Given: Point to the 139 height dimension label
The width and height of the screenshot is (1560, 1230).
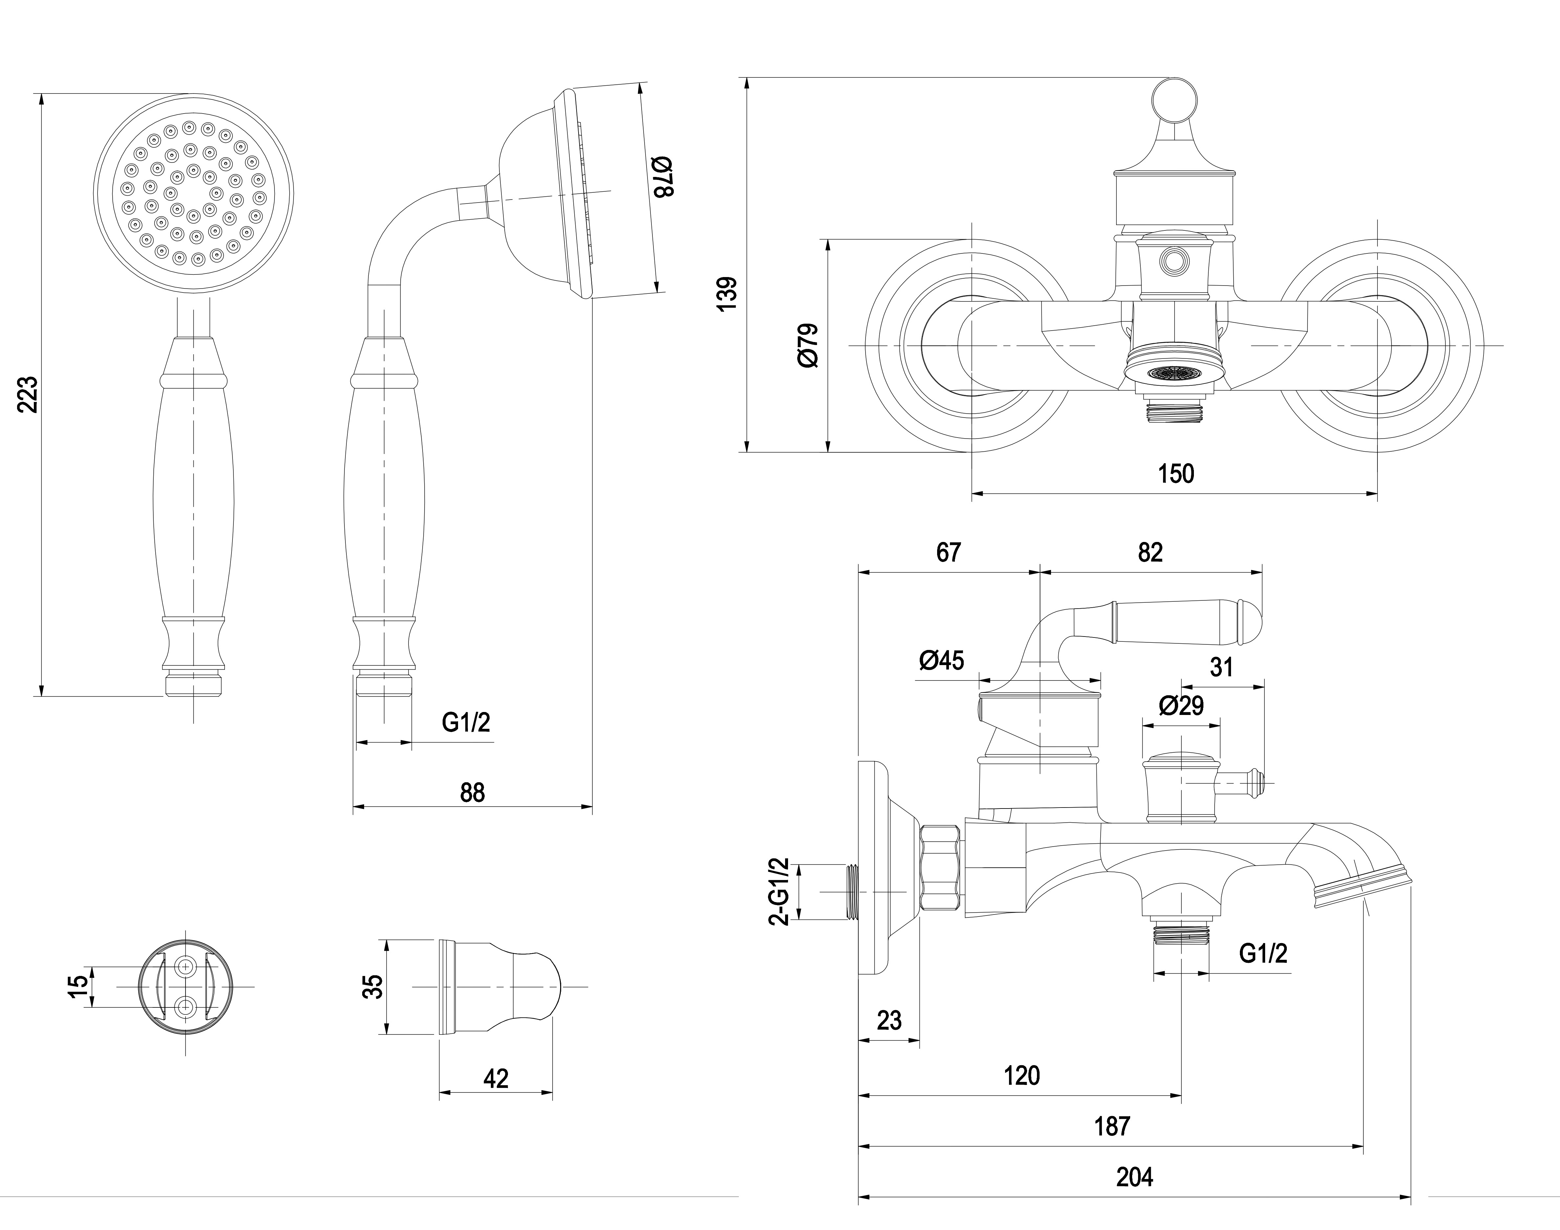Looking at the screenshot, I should click(x=728, y=293).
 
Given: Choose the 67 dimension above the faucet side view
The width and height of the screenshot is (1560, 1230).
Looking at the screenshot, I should click(x=949, y=552).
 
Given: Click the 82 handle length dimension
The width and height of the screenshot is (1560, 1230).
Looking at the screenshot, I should click(x=1150, y=552).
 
